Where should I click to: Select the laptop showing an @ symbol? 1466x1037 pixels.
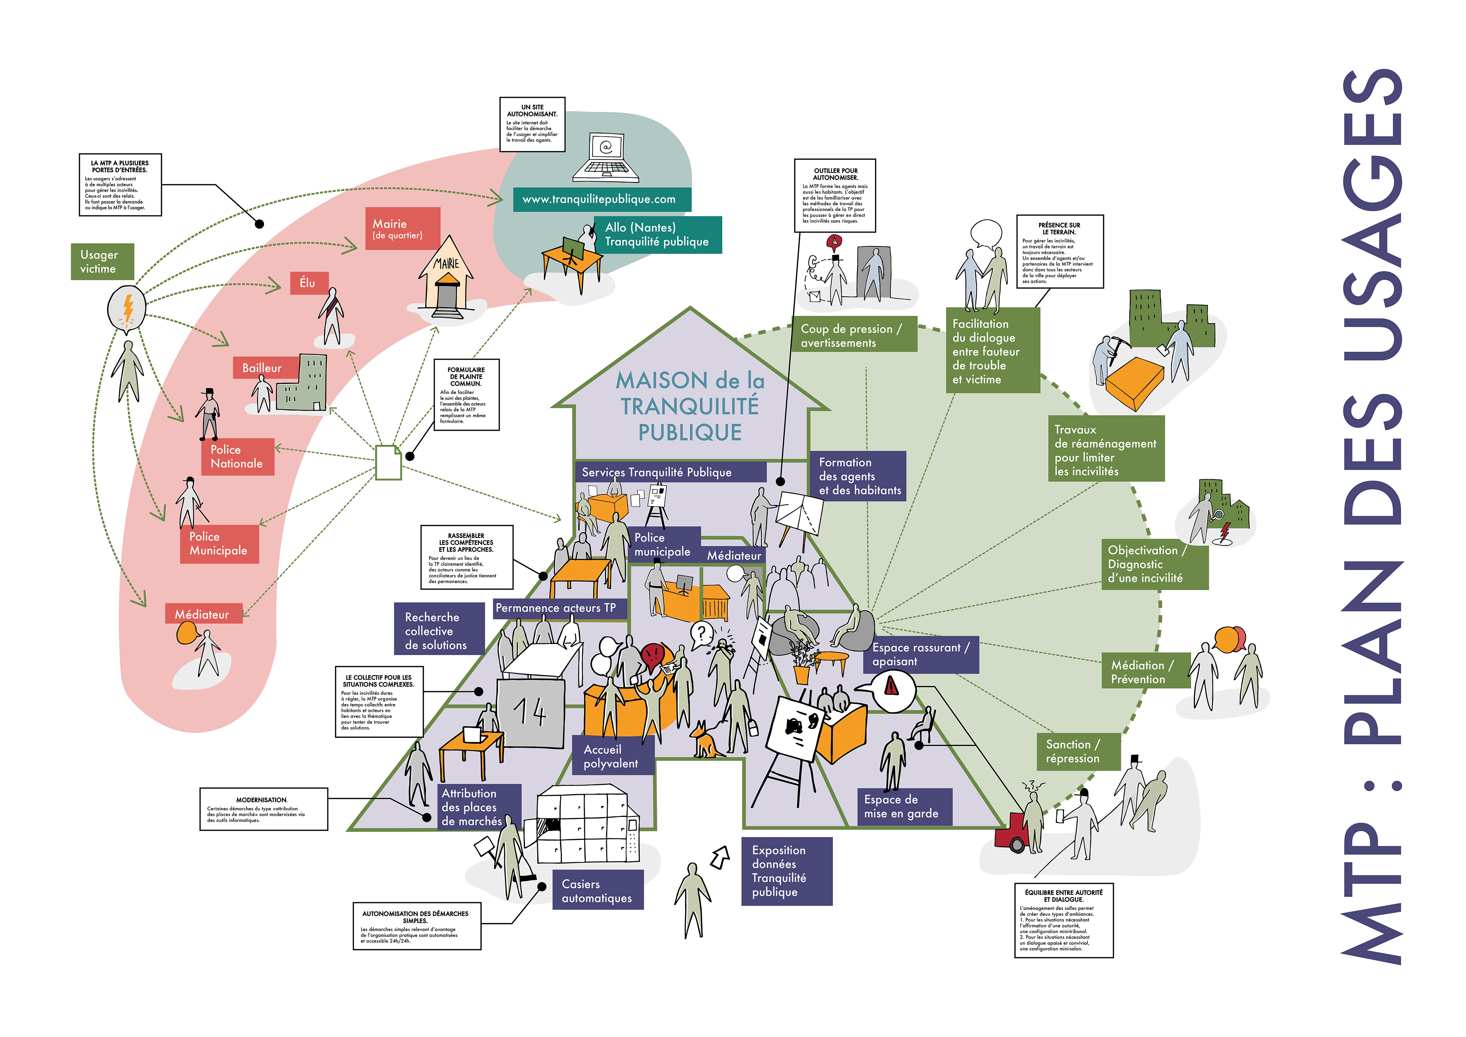tap(605, 157)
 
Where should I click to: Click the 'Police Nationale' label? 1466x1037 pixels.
tap(237, 456)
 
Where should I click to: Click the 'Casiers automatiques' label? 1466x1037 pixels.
tap(597, 891)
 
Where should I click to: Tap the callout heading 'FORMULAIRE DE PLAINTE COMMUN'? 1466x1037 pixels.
tap(466, 376)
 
